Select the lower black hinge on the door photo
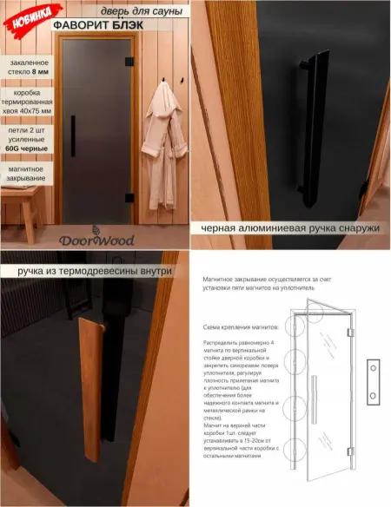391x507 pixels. tap(129, 196)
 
